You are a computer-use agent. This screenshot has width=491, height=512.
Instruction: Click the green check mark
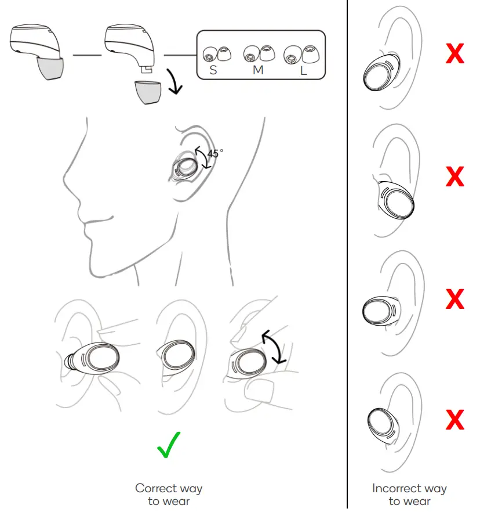point(169,445)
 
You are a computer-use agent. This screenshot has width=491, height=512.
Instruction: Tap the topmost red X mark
point(454,54)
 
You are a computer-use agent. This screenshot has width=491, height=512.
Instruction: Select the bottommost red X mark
point(454,419)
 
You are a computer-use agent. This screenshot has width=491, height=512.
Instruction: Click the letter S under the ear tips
point(213,70)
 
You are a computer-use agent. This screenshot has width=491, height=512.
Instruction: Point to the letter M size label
point(258,70)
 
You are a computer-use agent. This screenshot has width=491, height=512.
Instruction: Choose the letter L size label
point(303,70)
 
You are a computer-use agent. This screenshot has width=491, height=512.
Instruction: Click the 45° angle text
point(215,154)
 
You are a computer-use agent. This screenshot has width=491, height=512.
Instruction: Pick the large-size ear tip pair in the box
point(297,55)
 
